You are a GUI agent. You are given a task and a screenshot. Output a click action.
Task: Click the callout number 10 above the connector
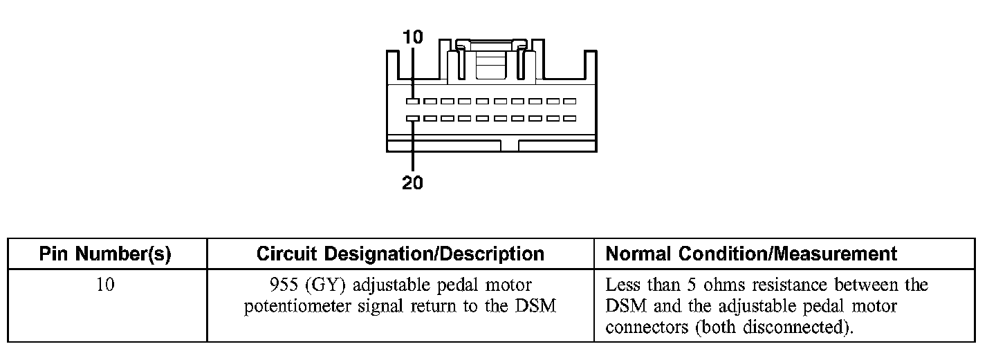412,37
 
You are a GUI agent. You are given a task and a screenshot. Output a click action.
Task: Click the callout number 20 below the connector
412,183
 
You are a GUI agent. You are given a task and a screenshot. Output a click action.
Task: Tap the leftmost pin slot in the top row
413,101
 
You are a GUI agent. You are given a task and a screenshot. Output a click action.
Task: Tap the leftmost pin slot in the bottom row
413,118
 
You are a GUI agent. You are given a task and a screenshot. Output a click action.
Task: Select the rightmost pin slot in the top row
569,101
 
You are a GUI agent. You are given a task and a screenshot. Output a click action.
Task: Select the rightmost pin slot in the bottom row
569,118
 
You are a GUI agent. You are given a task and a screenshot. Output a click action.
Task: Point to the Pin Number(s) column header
105,254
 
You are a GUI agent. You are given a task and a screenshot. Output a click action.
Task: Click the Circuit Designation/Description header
400,254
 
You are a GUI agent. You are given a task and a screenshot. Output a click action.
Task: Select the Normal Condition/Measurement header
751,254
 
